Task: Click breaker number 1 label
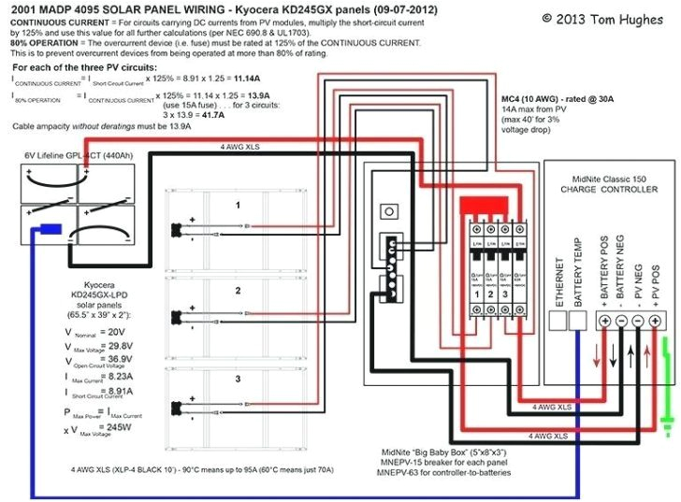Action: [x=477, y=295]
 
